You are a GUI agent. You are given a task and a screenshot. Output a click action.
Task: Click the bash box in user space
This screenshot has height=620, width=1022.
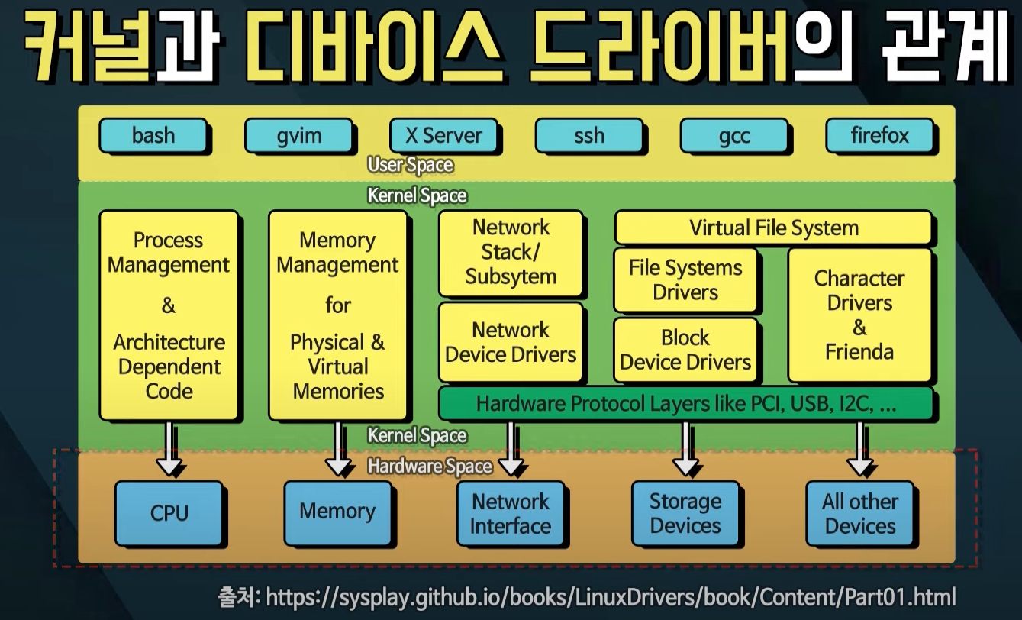(x=153, y=136)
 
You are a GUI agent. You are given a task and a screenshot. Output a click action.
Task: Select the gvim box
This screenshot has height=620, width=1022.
(x=299, y=137)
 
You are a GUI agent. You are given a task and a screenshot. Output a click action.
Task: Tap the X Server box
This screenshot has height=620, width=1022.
(x=443, y=136)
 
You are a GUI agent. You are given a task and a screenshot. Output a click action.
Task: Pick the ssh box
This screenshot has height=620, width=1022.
(x=589, y=136)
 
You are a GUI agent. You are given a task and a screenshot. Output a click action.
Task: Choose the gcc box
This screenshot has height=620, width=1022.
(x=734, y=137)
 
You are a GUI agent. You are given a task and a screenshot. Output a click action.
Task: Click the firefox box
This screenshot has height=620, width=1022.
(x=880, y=136)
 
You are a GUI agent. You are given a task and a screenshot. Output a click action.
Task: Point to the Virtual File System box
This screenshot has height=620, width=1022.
(x=773, y=228)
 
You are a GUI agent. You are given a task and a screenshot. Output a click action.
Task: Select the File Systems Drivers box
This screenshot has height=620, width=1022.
(x=685, y=279)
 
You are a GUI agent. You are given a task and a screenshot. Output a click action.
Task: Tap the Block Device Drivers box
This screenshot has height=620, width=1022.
(x=685, y=350)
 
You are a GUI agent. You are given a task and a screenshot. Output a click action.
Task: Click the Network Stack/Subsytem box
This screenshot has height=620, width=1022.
(x=511, y=252)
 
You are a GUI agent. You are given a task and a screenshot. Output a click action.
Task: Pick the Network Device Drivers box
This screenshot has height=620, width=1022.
(x=511, y=342)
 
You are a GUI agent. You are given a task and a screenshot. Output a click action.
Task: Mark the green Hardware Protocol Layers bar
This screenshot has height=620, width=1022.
(x=685, y=403)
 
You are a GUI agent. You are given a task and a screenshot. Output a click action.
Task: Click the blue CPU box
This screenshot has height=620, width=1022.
(x=169, y=512)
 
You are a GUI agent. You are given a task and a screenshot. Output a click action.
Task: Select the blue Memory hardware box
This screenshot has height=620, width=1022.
(x=337, y=511)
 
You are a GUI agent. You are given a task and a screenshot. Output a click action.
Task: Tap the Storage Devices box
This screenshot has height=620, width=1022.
(x=685, y=513)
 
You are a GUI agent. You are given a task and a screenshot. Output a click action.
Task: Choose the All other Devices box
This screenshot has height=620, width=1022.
(x=860, y=513)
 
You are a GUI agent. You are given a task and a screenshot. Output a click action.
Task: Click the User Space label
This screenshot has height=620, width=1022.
(x=410, y=165)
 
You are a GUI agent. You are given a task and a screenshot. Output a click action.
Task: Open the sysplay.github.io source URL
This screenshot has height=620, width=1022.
(x=611, y=596)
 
